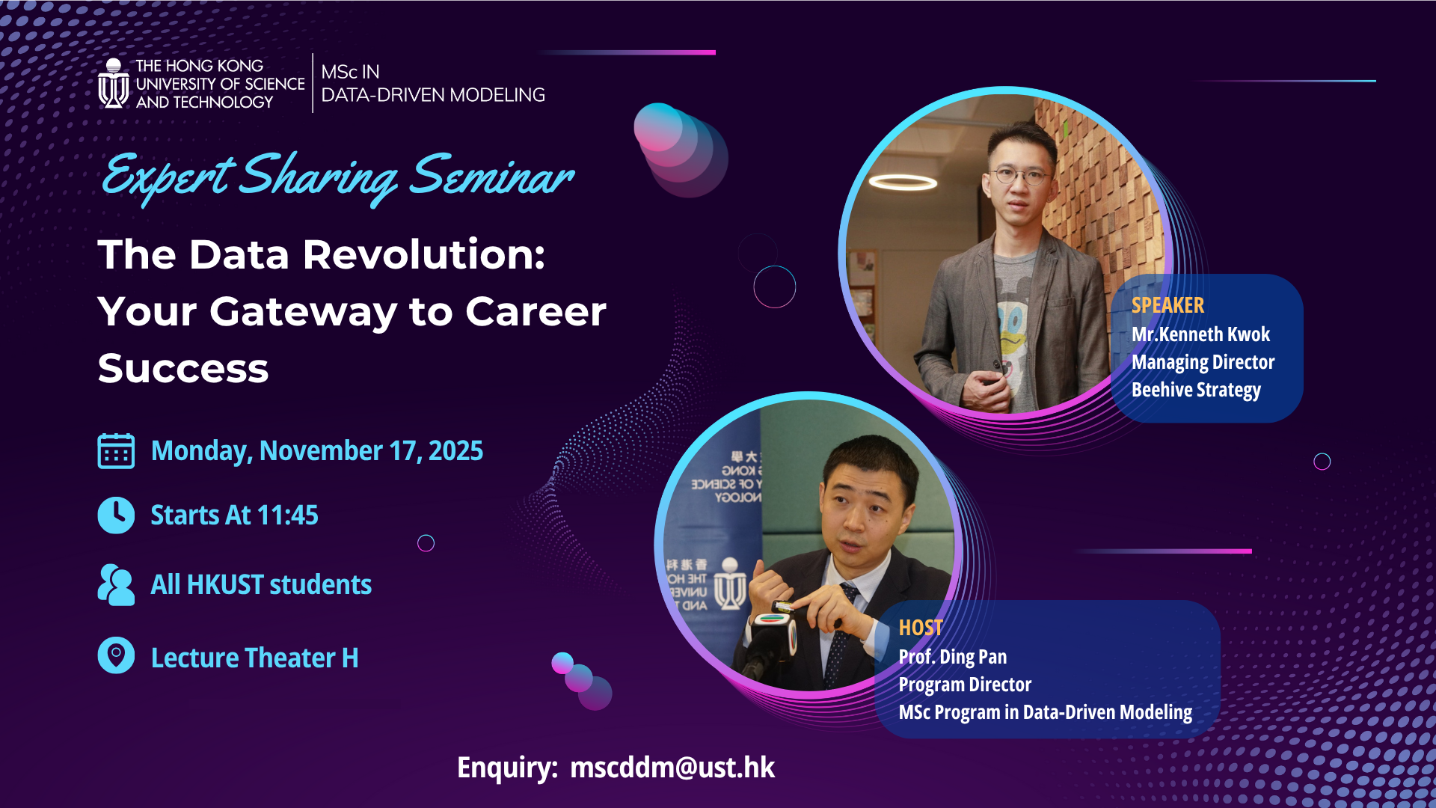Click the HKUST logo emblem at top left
(x=114, y=84)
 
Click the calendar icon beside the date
(x=116, y=451)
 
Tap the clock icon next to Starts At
(x=116, y=515)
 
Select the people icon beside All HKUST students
(x=116, y=584)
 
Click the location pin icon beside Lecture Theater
(x=116, y=655)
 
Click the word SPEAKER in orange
(x=1167, y=305)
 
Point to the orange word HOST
(x=920, y=628)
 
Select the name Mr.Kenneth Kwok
(x=1200, y=334)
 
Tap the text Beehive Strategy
(x=1196, y=390)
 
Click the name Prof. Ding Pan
(x=952, y=657)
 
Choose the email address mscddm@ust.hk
(x=672, y=768)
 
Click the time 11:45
(x=287, y=515)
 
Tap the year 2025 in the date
(x=455, y=451)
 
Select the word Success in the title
(x=183, y=368)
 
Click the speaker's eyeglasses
(x=1018, y=177)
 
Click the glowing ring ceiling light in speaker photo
(x=903, y=182)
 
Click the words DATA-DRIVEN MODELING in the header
(x=433, y=95)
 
